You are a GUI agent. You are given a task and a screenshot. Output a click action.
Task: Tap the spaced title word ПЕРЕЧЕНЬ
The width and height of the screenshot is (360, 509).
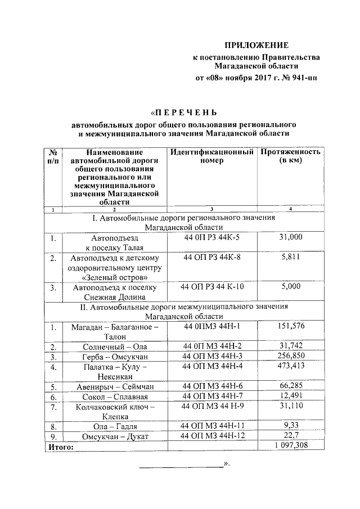(185, 112)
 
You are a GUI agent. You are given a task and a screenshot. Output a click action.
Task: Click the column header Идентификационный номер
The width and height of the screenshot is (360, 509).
(211, 156)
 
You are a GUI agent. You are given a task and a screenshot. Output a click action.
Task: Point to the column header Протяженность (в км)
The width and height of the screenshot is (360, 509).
(290, 156)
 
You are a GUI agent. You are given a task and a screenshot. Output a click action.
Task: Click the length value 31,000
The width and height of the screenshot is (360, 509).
(290, 237)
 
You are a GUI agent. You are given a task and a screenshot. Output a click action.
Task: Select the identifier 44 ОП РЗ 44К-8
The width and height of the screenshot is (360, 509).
(211, 258)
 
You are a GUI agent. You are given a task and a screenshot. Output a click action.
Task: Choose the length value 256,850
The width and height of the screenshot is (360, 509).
(290, 357)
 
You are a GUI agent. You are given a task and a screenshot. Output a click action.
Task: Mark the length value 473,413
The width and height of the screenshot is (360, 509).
(290, 367)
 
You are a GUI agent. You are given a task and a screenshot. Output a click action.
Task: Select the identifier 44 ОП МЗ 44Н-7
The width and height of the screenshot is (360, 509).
(211, 396)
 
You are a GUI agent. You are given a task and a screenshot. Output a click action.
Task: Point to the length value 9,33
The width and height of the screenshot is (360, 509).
(290, 426)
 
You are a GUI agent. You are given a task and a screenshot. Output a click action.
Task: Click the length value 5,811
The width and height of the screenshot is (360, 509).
(290, 258)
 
